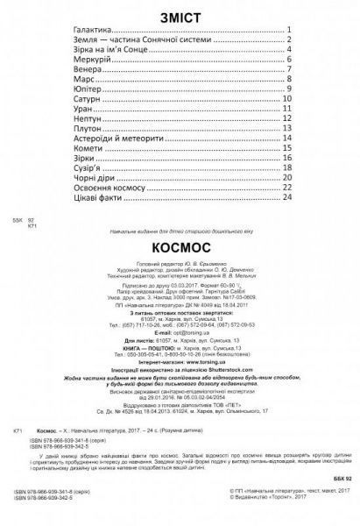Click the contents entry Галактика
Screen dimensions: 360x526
pyautogui.click(x=93, y=39)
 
